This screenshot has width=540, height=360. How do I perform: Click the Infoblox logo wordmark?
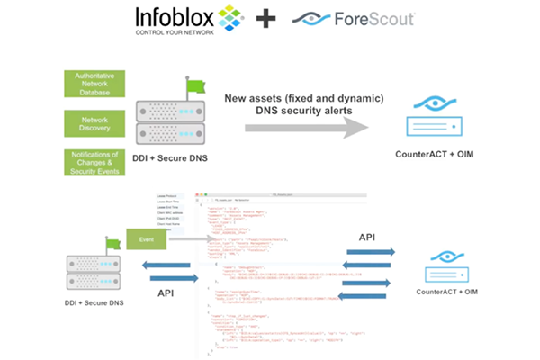click(x=176, y=17)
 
